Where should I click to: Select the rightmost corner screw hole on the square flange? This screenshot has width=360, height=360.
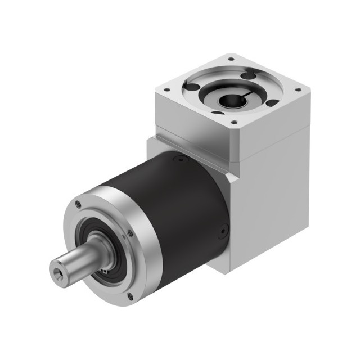(298, 89)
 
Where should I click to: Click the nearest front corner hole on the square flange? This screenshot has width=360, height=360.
(233, 122)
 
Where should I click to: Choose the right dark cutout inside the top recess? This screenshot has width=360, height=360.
(271, 103)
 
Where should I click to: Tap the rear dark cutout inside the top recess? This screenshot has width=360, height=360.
(247, 75)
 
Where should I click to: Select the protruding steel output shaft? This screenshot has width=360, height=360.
(79, 259)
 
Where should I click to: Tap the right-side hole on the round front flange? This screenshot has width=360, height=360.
(130, 231)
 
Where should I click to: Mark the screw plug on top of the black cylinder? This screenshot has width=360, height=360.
(179, 160)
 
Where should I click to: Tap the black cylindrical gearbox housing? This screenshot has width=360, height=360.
(180, 208)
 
